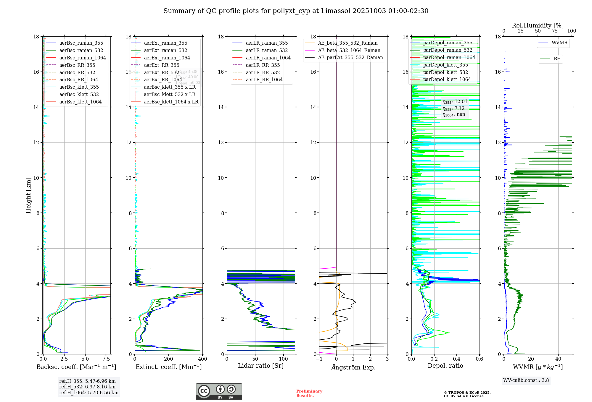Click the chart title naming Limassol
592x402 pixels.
296,11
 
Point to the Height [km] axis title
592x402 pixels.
28,195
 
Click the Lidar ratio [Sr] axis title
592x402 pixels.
260,366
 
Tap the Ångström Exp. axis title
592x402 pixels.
353,367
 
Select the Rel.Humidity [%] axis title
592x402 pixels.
538,25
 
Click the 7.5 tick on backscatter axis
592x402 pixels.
106,359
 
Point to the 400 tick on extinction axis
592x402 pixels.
203,359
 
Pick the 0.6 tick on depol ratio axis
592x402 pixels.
479,359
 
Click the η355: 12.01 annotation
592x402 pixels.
455,102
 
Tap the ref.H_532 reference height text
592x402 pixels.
87,387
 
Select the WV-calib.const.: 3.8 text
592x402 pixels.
526,380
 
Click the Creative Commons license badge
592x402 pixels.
219,391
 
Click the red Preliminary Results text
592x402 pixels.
309,393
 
